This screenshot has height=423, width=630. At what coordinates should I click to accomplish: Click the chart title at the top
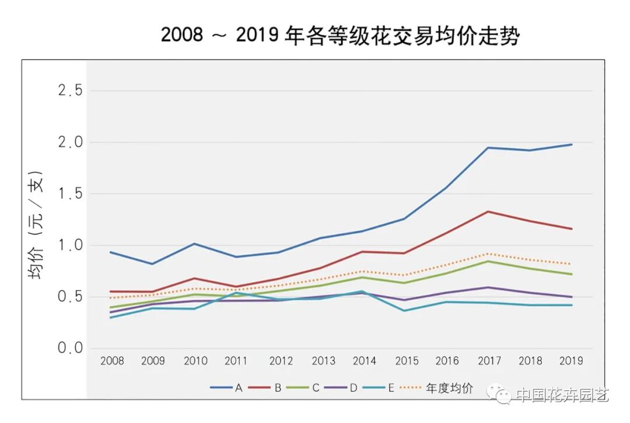pyautogui.click(x=339, y=36)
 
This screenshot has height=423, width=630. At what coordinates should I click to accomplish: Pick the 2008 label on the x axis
pyautogui.click(x=112, y=361)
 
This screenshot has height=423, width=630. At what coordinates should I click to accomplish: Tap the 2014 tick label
pyautogui.click(x=364, y=361)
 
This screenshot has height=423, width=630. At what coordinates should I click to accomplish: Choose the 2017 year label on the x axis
pyautogui.click(x=489, y=361)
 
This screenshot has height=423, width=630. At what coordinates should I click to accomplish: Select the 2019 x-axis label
pyautogui.click(x=571, y=361)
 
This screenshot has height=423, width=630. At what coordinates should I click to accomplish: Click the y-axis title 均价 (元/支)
pyautogui.click(x=37, y=225)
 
